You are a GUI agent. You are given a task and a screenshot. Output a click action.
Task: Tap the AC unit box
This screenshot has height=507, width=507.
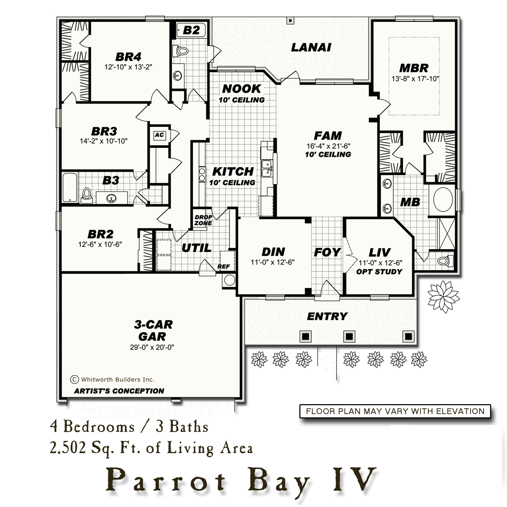coord(159,135)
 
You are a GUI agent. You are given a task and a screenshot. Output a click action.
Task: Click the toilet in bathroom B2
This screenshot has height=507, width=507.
coord(180,51)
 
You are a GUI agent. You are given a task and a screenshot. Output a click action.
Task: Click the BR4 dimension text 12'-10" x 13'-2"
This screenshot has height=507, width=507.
coord(128,67)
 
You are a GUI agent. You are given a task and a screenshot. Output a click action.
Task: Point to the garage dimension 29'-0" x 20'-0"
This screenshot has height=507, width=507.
coord(152,347)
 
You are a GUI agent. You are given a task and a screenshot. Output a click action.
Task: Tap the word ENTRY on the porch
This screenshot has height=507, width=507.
coord(327,317)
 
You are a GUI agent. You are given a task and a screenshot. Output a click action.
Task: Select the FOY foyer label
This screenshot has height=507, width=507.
coord(327,252)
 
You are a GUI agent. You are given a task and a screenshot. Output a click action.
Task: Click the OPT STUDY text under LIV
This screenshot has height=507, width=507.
coord(379,272)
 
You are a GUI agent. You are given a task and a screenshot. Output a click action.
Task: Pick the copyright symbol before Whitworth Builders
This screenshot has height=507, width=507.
coord(75,379)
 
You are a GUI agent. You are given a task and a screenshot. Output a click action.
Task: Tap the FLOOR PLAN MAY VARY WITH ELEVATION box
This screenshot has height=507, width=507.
coord(395,411)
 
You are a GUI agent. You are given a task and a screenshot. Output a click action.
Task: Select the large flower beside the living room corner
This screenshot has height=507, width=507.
coord(443,297)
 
